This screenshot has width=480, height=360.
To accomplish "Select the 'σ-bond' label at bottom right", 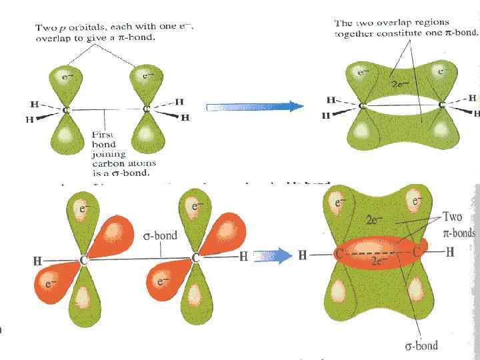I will [421, 346].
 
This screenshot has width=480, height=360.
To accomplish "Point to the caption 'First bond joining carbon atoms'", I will [124, 153].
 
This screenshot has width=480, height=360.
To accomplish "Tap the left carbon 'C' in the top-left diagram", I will [67, 109].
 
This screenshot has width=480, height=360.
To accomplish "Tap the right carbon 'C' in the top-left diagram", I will [147, 109].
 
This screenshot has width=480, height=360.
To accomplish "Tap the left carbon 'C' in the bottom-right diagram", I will [339, 253].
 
